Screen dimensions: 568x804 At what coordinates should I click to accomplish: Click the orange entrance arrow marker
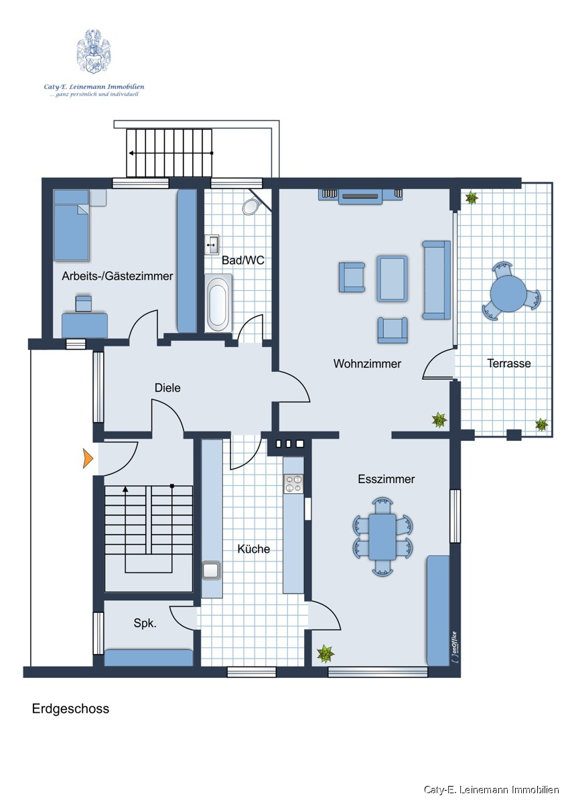click(88, 458)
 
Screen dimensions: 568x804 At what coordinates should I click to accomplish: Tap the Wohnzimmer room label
click(367, 364)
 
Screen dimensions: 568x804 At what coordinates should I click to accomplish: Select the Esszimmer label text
click(386, 479)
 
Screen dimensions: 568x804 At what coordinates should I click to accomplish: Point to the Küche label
click(254, 549)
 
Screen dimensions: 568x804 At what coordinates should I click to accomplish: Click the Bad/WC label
click(243, 260)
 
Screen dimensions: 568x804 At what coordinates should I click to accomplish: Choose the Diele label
click(167, 388)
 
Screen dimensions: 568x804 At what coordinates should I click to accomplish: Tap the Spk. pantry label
click(145, 624)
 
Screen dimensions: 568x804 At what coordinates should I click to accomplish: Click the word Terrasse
click(509, 363)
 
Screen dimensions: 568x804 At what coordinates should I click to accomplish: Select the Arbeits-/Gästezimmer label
click(117, 276)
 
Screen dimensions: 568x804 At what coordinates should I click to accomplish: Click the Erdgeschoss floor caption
click(71, 709)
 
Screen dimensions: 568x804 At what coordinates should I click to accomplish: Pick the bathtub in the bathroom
click(218, 304)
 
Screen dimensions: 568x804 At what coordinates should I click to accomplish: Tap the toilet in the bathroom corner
click(251, 206)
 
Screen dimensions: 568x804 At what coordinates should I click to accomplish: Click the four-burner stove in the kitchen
click(293, 483)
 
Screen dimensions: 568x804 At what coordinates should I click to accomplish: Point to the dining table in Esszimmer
click(382, 536)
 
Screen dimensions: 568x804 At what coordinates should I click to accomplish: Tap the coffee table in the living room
click(393, 279)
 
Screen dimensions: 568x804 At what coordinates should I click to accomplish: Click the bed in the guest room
click(72, 224)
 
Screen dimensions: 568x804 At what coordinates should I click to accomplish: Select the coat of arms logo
click(93, 52)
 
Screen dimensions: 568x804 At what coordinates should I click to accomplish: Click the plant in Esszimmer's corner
click(325, 654)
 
